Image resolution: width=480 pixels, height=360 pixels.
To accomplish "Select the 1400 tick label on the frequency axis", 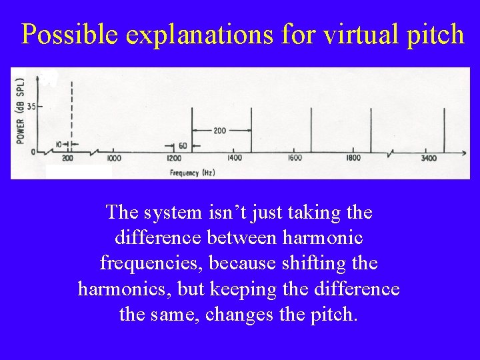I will pyautogui.click(x=235, y=159).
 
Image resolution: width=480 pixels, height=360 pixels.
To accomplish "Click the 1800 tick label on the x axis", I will pyautogui.click(x=353, y=159).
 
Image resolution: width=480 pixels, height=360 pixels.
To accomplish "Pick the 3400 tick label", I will pyautogui.click(x=429, y=159).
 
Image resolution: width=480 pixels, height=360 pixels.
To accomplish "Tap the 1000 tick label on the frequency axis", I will pyautogui.click(x=113, y=159).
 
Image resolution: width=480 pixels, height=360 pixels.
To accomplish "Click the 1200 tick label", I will pyautogui.click(x=175, y=159).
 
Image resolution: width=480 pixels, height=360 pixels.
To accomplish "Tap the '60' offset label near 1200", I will pyautogui.click(x=183, y=145).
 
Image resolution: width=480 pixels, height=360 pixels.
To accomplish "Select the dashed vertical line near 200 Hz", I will pyautogui.click(x=71, y=113).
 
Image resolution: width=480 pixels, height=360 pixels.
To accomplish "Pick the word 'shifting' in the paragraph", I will pyautogui.click(x=317, y=263).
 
